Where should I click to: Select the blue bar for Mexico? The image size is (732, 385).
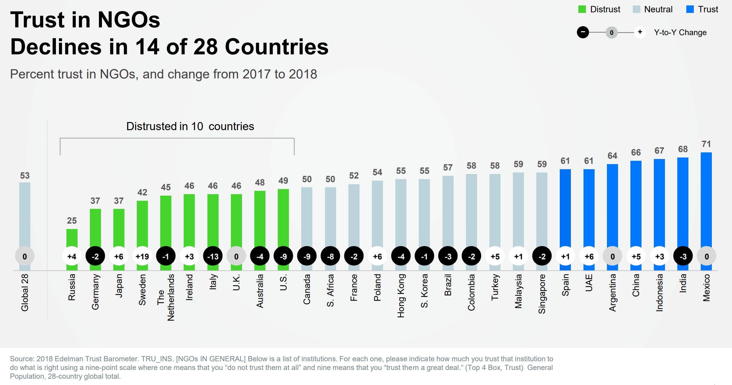706,198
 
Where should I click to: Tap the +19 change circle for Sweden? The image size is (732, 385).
142,256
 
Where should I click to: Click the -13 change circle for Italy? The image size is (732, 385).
213,256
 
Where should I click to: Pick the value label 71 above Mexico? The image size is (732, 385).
706,144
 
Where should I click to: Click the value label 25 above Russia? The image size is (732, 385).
72,221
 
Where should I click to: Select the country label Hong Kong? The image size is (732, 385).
401,296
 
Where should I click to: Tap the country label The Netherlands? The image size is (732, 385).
166,297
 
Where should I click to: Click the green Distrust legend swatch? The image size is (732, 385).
582,9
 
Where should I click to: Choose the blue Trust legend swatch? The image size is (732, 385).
690,9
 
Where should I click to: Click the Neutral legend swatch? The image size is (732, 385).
636,9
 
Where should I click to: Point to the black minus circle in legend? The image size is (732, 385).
583,32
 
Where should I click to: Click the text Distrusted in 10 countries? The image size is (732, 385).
190,126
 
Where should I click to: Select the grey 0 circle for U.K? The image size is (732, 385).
236,256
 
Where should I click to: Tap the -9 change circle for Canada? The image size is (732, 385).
307,256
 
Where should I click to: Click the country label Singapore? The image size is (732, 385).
542,294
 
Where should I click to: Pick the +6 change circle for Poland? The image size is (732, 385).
377,256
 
